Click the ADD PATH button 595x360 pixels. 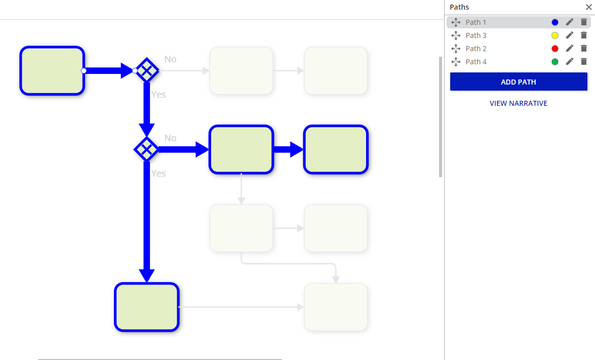[519, 82]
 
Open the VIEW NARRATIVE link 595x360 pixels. [518, 103]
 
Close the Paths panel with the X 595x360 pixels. [588, 7]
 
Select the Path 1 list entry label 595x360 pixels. [475, 22]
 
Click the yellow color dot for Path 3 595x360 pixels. [555, 35]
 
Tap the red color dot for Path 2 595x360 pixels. [555, 49]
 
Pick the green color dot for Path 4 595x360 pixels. [555, 62]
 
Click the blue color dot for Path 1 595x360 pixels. [555, 22]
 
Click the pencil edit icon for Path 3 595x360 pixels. [570, 35]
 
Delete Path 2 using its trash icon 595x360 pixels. [584, 49]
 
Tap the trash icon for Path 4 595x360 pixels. [584, 62]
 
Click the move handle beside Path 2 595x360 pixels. [456, 49]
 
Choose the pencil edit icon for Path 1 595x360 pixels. [570, 22]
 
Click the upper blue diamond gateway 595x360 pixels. [147, 70]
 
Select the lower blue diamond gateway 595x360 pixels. [147, 149]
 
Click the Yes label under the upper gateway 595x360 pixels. [158, 95]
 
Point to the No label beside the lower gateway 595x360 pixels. [170, 138]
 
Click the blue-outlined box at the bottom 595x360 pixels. [147, 307]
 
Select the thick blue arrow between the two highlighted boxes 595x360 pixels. [288, 149]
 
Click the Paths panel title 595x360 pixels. [459, 7]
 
